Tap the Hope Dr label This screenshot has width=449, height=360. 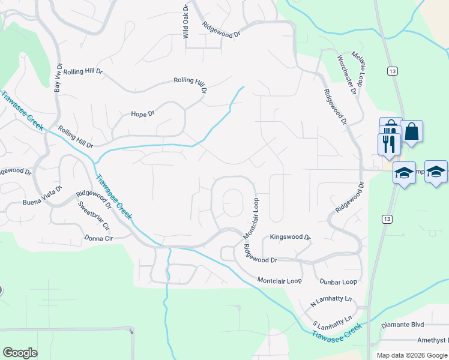(x=143, y=113)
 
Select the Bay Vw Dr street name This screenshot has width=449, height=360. (x=58, y=78)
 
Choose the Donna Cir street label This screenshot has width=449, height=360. (x=100, y=238)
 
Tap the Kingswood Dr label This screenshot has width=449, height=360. (x=290, y=238)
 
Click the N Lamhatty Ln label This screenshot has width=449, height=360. (x=331, y=301)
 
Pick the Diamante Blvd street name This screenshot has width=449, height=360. (x=403, y=325)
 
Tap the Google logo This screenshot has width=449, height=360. (x=20, y=353)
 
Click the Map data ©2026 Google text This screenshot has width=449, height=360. (x=412, y=355)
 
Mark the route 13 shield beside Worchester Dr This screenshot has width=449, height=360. (x=392, y=71)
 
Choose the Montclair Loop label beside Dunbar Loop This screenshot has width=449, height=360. (x=279, y=280)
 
